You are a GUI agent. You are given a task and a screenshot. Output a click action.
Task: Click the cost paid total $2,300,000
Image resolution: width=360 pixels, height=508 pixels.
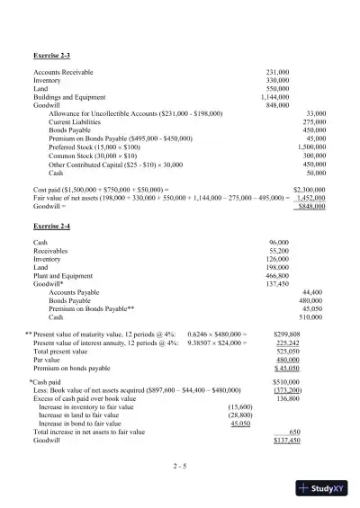pyautogui.click(x=310, y=190)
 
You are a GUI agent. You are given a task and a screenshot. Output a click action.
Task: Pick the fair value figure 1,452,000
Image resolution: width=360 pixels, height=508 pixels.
pyautogui.click(x=310, y=198)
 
